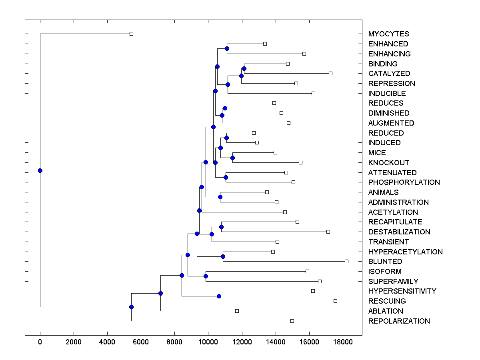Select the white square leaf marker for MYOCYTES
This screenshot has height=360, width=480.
point(131,34)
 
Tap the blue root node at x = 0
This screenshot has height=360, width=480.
point(40,170)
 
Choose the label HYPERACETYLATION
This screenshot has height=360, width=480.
point(405,252)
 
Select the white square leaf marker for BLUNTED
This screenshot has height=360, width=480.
point(346,261)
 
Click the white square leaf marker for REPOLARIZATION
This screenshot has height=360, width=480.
point(292,321)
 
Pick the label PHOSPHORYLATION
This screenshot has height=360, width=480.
point(404,182)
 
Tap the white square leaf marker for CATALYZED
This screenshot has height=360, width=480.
point(330,73)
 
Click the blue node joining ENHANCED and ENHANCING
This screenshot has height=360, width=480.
point(227,48)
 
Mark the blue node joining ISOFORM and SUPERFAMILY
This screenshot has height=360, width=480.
point(206,276)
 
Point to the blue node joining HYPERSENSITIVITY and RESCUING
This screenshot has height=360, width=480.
point(219,296)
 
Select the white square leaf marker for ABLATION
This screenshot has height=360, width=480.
point(237,311)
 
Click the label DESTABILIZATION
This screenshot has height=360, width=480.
point(399,232)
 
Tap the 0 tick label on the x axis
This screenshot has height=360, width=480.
point(40,342)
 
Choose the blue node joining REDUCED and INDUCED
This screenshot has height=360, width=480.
point(226,138)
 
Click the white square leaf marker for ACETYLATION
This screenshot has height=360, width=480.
point(285,212)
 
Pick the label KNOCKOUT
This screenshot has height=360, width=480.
point(388,163)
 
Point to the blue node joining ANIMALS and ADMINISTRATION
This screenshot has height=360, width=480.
point(220,197)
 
